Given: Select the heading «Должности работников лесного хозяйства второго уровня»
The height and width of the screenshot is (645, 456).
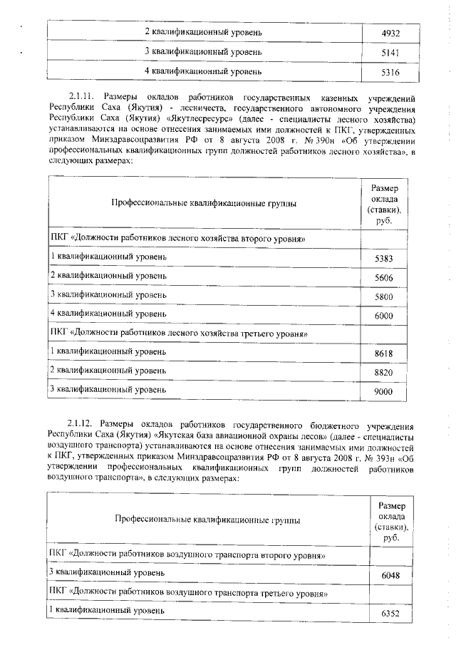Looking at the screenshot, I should point(178,238).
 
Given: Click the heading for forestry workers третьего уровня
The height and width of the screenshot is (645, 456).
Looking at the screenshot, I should point(178,332).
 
